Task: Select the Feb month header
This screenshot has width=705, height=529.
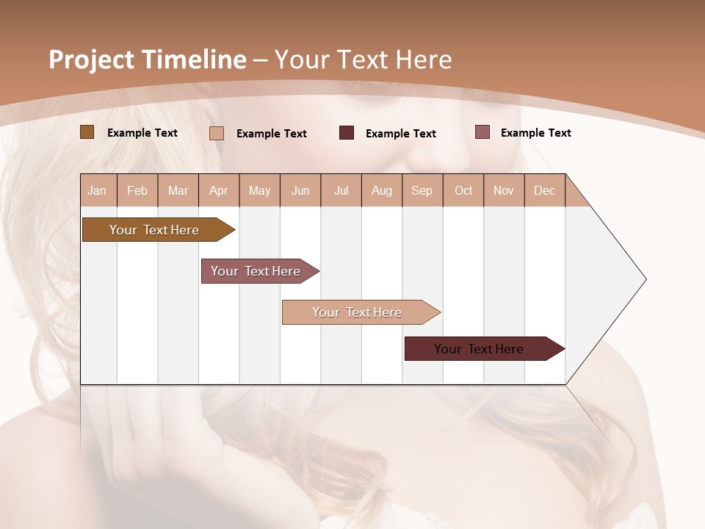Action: click(x=137, y=190)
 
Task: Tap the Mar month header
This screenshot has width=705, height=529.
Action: click(x=178, y=190)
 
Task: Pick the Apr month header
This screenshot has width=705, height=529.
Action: click(x=219, y=190)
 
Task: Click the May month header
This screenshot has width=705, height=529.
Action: click(x=259, y=190)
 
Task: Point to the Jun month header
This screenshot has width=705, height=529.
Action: click(x=300, y=190)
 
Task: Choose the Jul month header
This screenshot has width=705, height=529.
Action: click(x=341, y=190)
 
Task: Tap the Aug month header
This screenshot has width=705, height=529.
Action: click(x=382, y=190)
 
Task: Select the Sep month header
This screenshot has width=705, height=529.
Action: click(x=422, y=190)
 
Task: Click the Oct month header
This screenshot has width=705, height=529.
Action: click(x=463, y=190)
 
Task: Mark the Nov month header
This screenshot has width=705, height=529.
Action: click(x=504, y=190)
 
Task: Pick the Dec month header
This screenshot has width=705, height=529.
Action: click(x=544, y=190)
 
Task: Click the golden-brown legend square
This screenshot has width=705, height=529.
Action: click(x=87, y=132)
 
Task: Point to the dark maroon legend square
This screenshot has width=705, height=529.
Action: click(x=347, y=133)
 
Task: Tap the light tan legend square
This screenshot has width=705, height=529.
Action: click(x=217, y=133)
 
